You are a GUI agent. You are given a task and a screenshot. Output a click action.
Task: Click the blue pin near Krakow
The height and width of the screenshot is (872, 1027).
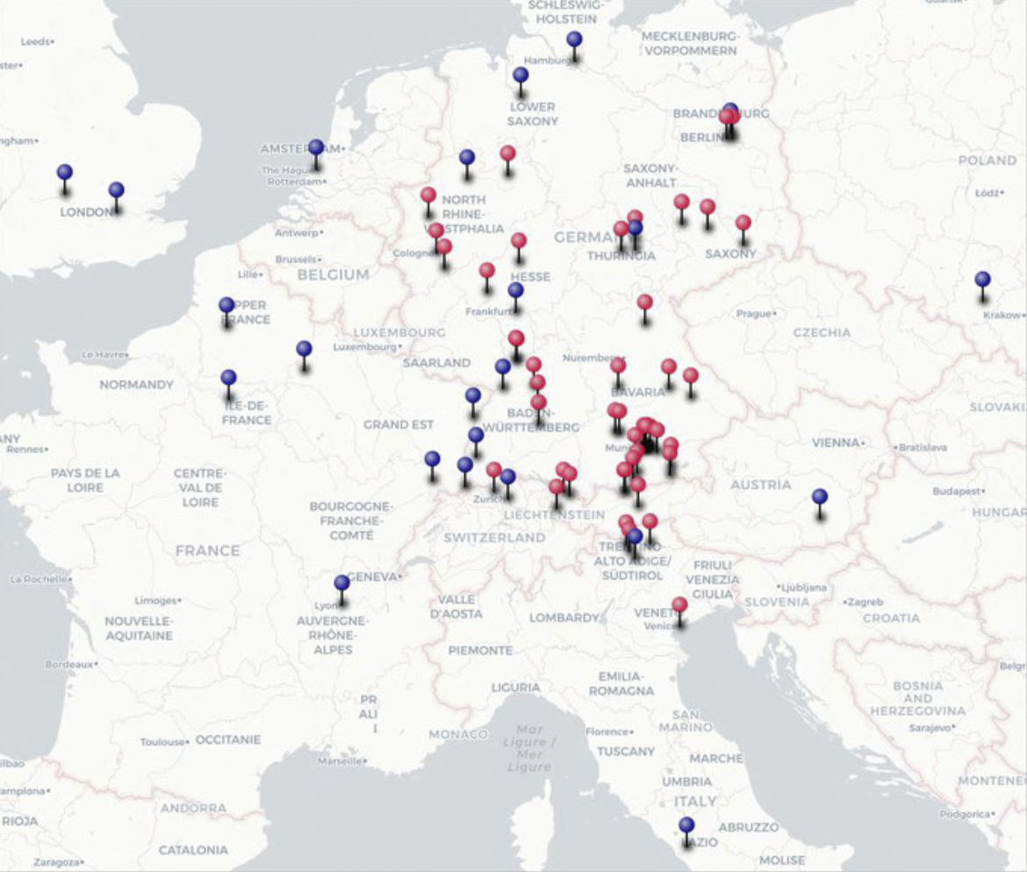point(982,280)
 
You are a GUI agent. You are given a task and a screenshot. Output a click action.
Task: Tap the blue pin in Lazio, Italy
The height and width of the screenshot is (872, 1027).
point(686,826)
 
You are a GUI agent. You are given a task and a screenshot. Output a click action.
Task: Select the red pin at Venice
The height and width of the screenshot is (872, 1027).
point(679,605)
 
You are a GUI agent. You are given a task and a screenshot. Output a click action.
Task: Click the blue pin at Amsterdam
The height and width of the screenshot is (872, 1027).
point(316,147)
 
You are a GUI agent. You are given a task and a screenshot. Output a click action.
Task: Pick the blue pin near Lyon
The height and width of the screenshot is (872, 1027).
point(341,583)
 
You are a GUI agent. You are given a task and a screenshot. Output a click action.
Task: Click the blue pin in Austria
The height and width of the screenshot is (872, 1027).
point(820,497)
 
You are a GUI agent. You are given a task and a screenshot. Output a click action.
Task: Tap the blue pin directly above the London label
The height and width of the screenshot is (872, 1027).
point(116,190)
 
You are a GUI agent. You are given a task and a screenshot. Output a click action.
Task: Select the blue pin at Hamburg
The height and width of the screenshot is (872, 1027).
point(574,39)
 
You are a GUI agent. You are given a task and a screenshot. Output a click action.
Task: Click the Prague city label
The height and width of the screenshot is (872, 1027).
point(755,313)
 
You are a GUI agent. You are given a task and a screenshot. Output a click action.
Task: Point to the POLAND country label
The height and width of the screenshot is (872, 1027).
point(987,161)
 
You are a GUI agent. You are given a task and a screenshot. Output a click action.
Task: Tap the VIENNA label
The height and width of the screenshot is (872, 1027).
point(835,443)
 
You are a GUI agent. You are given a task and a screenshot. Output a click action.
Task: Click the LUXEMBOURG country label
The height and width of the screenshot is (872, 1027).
point(399,332)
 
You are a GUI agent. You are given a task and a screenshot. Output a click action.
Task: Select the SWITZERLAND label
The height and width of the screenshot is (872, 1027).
point(494,537)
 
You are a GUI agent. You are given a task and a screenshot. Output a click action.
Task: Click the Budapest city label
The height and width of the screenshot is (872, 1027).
point(956,491)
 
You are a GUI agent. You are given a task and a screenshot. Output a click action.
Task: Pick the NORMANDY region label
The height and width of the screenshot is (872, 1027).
point(136,384)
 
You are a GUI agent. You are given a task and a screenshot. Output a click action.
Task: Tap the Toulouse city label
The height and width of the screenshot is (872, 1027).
point(164,742)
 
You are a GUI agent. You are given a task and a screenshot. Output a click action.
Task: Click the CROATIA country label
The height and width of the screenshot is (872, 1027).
point(891,618)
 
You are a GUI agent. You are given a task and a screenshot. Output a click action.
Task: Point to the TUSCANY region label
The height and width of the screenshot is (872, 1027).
point(626,751)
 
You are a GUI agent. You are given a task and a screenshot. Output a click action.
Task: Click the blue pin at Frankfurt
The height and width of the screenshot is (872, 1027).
point(515,290)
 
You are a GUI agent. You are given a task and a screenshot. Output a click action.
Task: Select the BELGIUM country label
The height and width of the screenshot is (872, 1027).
point(333,275)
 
